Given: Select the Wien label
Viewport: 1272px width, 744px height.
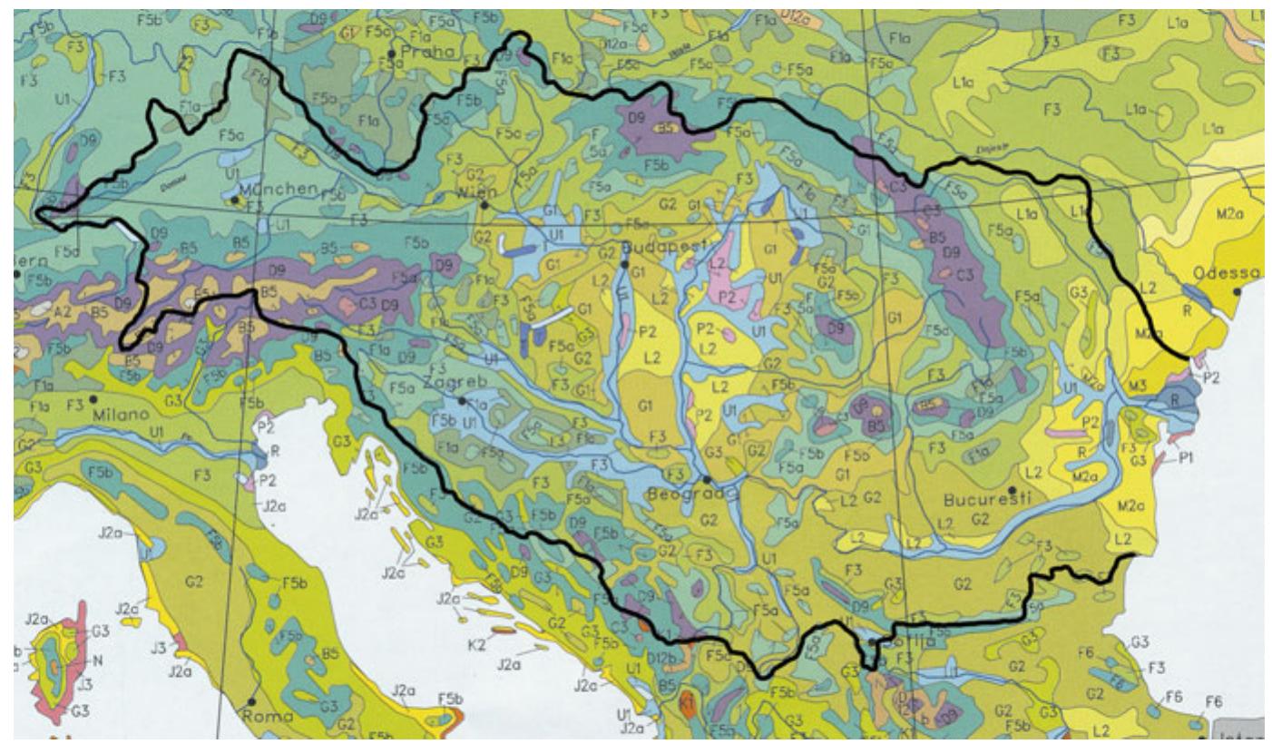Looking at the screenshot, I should coord(478,191).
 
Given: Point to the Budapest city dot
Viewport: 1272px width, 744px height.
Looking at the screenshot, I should coord(625,263).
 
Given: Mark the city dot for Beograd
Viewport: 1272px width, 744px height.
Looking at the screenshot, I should coord(707,478).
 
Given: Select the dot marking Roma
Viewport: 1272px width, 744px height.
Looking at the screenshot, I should coord(253,701).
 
